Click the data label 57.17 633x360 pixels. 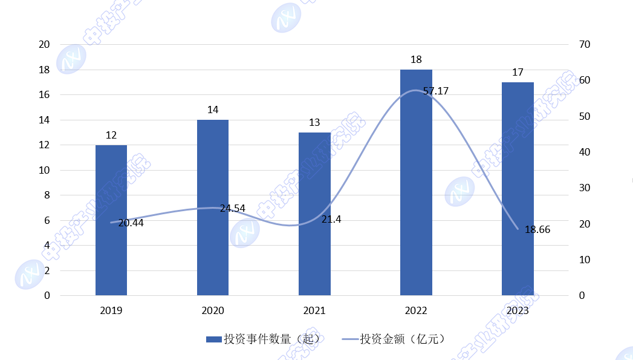[x=436, y=91]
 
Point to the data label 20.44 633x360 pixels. [x=131, y=223]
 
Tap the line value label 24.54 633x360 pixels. [x=233, y=208]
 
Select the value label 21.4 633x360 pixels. [x=331, y=220]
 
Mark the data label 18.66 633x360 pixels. [x=537, y=229]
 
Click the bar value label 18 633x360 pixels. [x=416, y=59]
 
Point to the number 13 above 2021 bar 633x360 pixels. [x=314, y=122]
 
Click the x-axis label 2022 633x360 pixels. [x=416, y=311]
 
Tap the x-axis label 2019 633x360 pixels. [x=111, y=311]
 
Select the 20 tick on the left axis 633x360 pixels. [x=44, y=45]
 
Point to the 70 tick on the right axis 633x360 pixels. [x=585, y=45]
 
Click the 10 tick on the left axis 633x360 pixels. [x=44, y=170]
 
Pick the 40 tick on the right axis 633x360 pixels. [x=585, y=152]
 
